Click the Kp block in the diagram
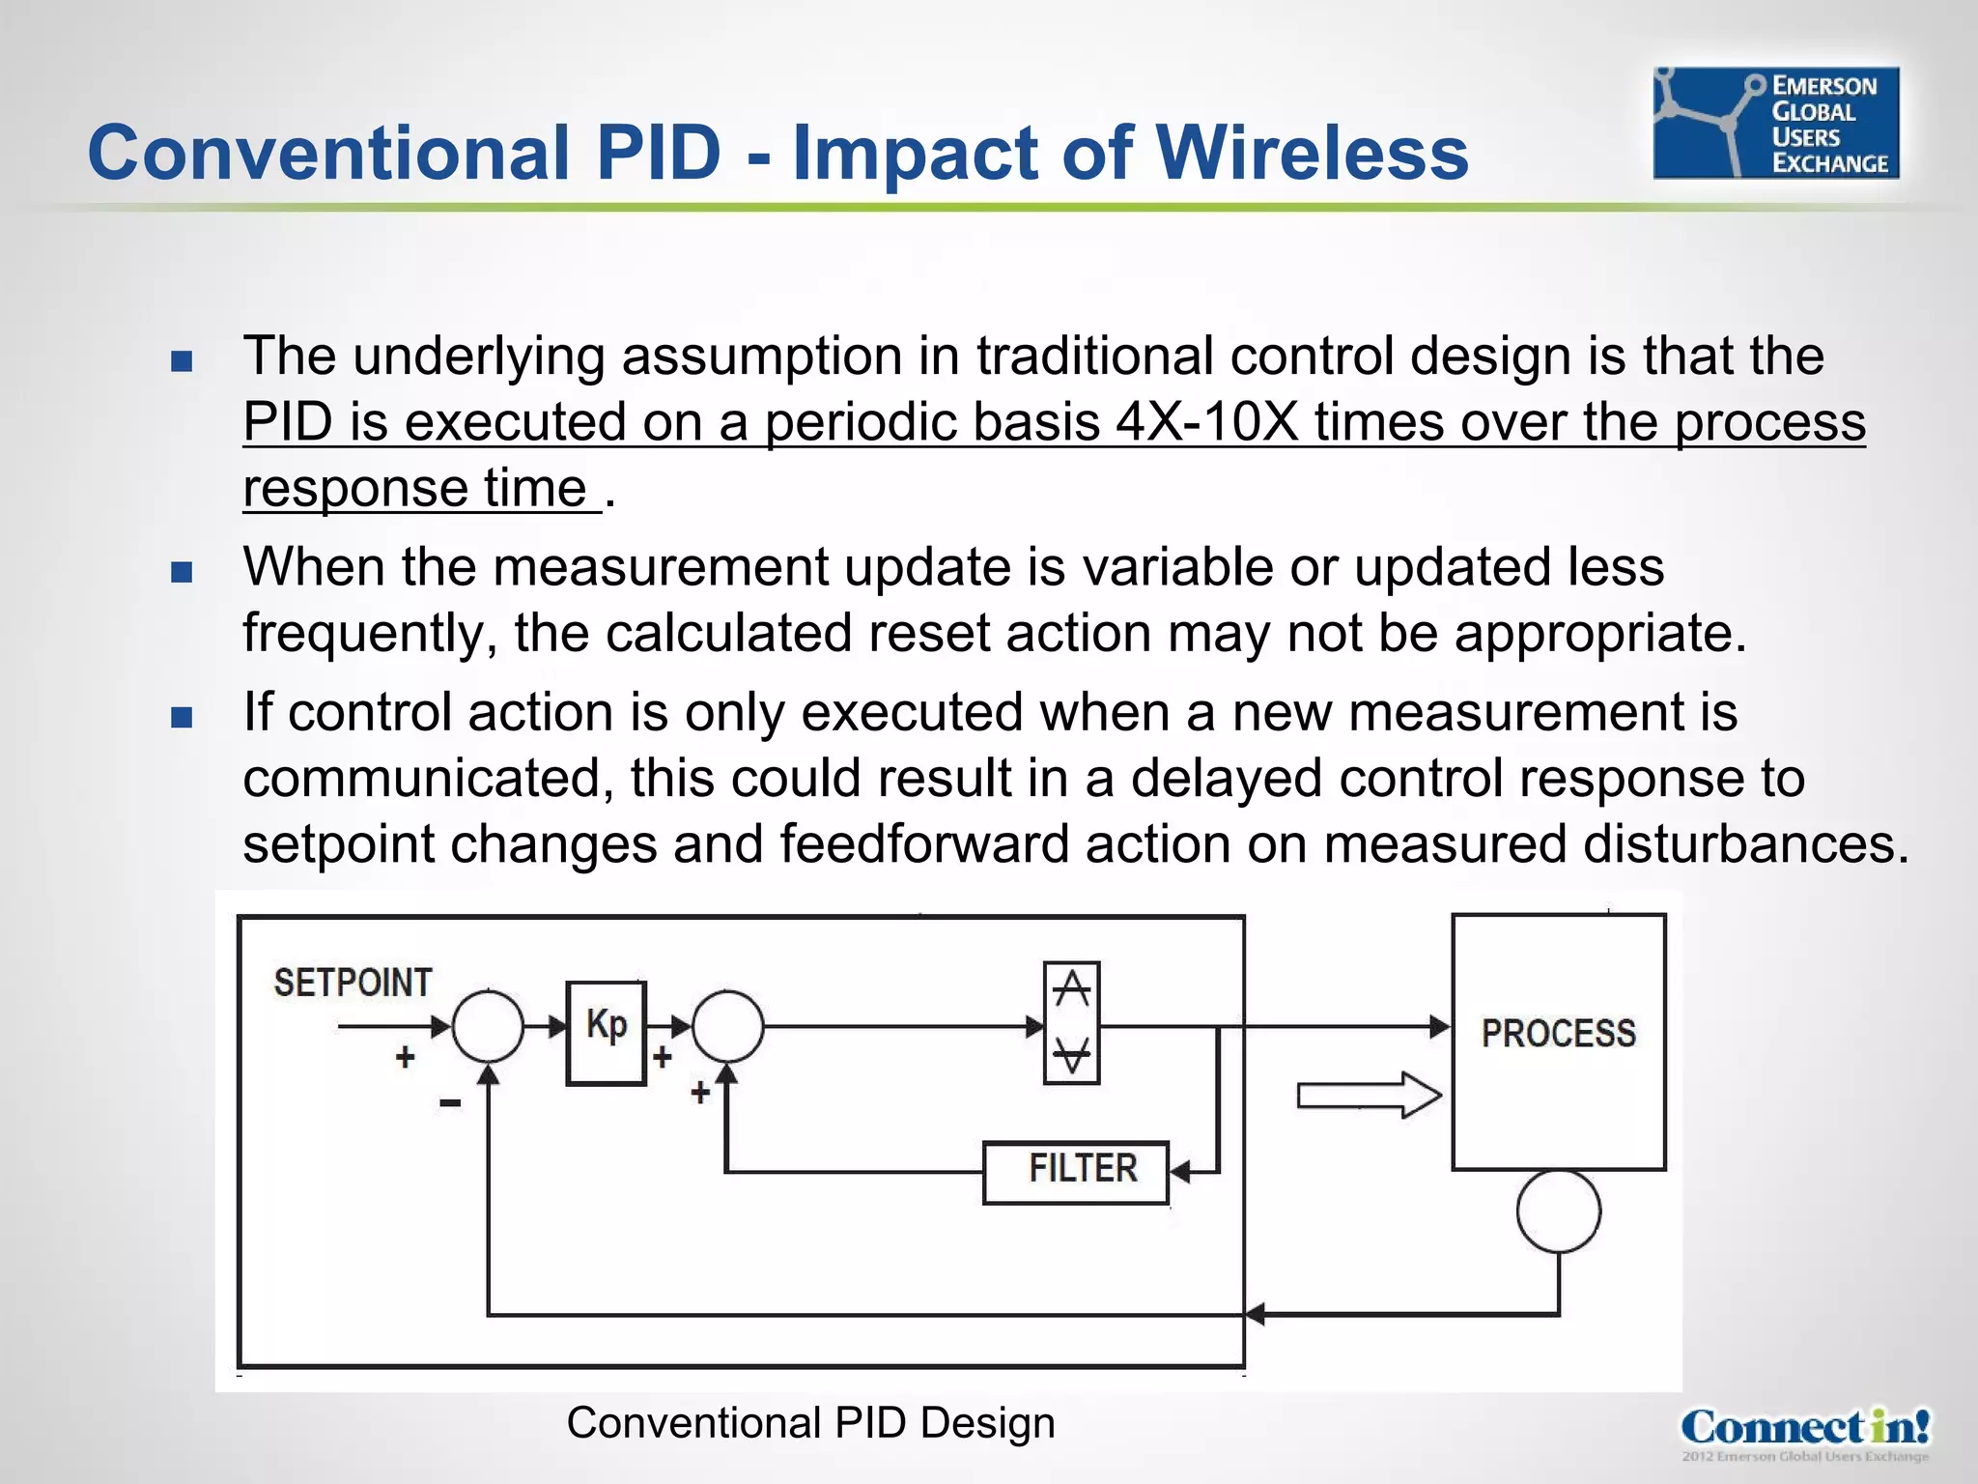coord(606,1033)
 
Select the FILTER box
coord(1076,1172)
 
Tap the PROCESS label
coord(1558,1033)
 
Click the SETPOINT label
coord(353,983)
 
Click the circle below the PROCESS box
coord(1558,1211)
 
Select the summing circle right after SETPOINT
coord(488,1026)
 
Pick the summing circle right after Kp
coord(727,1026)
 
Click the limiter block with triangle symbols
coord(1071,1022)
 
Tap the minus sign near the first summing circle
coord(450,1102)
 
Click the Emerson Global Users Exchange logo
coord(1775,123)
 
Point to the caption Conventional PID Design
coord(810,1423)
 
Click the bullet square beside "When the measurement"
coord(182,572)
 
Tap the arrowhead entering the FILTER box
coord(1179,1172)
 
